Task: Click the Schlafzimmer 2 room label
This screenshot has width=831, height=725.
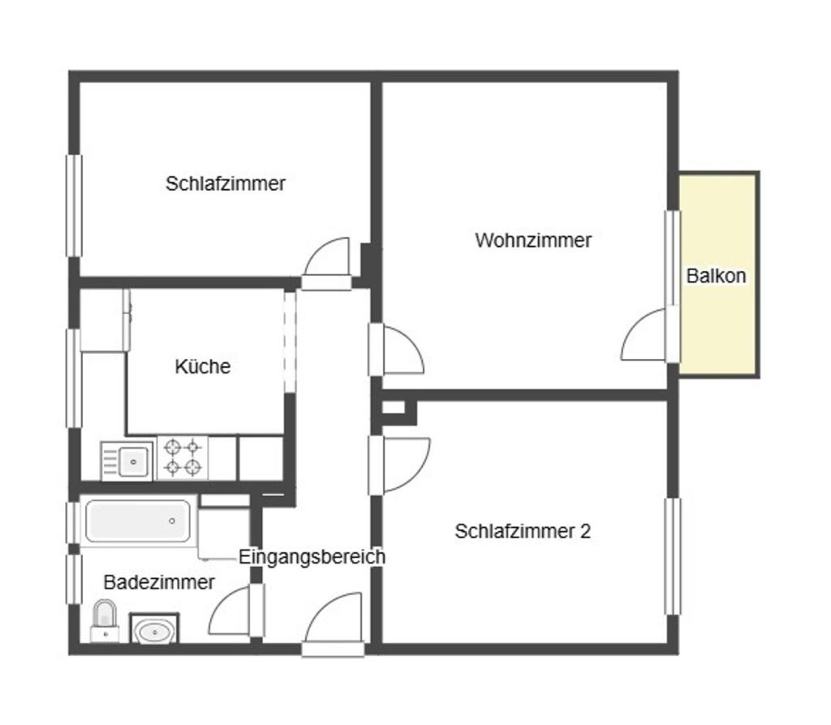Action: pos(523,531)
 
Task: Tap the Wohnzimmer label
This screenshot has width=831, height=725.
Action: pos(533,240)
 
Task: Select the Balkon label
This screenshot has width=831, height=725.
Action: pos(716,276)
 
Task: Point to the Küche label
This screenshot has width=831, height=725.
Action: pos(202,366)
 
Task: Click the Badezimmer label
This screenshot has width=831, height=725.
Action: pos(159,582)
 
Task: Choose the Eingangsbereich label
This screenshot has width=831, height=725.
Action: pos(312,556)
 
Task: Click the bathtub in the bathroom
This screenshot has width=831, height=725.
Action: pos(138,520)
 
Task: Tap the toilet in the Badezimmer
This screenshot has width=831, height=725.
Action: pos(105,620)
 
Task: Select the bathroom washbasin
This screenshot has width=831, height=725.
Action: pos(154,629)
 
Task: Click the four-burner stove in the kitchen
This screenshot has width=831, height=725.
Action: pos(183,458)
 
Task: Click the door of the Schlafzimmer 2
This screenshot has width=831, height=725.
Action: pos(399,464)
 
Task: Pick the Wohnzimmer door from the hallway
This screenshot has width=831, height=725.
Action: pos(396,349)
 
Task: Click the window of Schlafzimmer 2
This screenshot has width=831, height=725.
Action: pos(673,556)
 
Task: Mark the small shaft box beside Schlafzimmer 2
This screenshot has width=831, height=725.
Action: pos(394,408)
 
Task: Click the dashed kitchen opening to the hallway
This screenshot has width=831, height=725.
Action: pos(290,342)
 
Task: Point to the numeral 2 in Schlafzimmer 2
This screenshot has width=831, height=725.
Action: pos(586,531)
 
